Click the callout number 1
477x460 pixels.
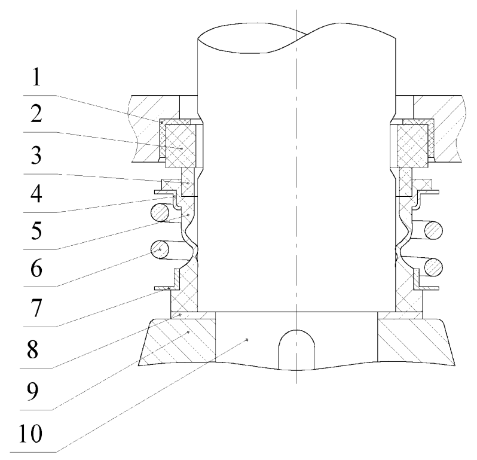click(x=36, y=77)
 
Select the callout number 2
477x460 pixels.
click(x=36, y=114)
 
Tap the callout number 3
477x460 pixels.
click(x=36, y=156)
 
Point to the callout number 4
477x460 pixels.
click(x=36, y=194)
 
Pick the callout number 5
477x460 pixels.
click(x=36, y=230)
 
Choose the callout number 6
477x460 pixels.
click(x=36, y=269)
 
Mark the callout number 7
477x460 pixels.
click(x=36, y=308)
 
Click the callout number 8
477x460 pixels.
click(x=32, y=349)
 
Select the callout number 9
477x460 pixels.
click(x=32, y=391)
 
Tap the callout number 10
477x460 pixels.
click(x=30, y=433)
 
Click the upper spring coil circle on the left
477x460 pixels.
click(x=160, y=212)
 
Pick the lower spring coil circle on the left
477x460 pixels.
click(x=160, y=249)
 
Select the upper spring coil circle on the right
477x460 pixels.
click(x=433, y=230)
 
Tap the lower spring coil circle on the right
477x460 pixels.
click(x=433, y=267)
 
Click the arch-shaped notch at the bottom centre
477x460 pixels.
click(x=296, y=349)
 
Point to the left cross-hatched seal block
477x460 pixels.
click(x=180, y=145)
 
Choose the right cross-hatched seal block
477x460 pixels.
click(x=412, y=145)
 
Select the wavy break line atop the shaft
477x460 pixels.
click(x=296, y=38)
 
